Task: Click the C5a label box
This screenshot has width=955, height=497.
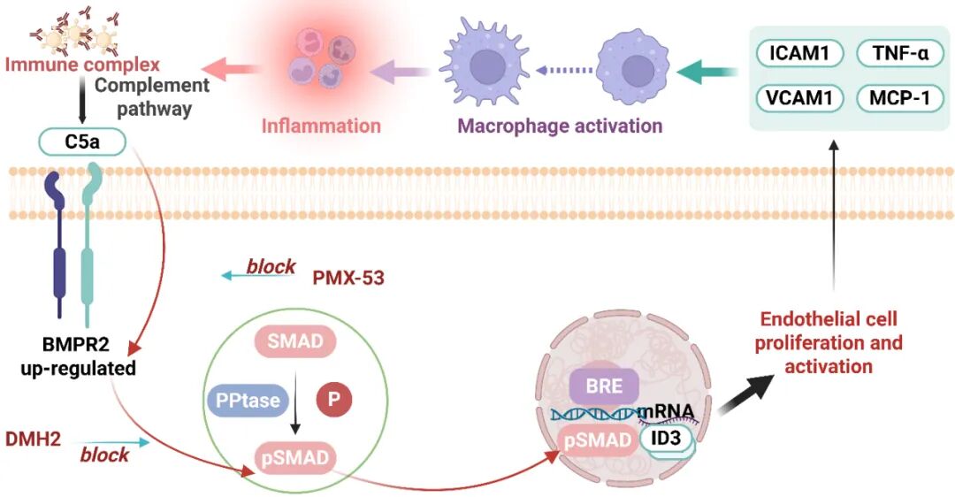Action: click(x=81, y=141)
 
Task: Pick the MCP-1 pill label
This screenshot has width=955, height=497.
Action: click(x=898, y=97)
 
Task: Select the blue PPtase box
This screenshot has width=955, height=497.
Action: click(x=246, y=401)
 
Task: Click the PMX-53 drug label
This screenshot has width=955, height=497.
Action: click(x=348, y=279)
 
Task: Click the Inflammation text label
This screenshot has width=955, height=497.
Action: click(x=321, y=126)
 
